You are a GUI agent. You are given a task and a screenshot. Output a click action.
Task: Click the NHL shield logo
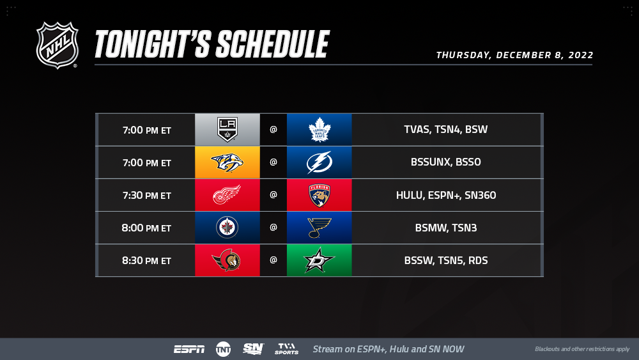57,45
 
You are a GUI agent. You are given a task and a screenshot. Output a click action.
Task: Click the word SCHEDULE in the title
272,44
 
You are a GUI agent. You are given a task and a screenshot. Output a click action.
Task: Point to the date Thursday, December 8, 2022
514,55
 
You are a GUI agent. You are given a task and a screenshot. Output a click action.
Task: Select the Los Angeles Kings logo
227,130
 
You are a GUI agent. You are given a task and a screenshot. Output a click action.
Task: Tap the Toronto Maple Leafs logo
319,130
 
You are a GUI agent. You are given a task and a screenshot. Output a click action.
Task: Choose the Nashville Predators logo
227,162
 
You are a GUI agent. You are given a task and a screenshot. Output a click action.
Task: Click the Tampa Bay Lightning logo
319,162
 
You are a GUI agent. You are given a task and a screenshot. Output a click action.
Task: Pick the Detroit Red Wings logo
227,195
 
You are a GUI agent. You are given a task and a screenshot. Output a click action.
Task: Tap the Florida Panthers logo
319,195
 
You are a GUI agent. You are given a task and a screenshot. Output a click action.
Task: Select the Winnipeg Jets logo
227,228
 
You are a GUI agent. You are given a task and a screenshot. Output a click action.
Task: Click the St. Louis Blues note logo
319,228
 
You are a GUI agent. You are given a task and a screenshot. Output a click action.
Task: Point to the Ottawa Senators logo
227,260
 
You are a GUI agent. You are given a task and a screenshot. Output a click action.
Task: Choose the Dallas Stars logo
319,260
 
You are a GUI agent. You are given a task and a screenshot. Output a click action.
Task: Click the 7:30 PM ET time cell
147,195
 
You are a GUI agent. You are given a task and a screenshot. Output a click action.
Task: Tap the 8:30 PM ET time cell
147,260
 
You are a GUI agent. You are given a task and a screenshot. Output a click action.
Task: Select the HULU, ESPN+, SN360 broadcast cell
446,195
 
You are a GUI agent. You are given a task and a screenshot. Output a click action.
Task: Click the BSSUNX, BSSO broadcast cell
446,162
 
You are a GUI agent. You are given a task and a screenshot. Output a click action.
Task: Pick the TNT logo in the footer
223,349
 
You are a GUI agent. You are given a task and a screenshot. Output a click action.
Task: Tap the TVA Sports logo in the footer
286,349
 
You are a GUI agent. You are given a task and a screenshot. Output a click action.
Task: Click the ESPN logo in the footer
189,349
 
